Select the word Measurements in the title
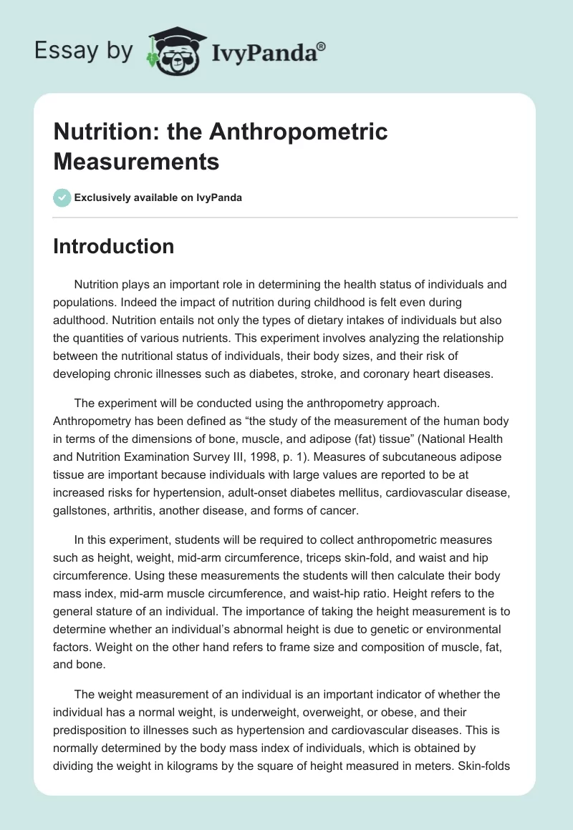[136, 161]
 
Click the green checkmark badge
[62, 197]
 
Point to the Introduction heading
[114, 246]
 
